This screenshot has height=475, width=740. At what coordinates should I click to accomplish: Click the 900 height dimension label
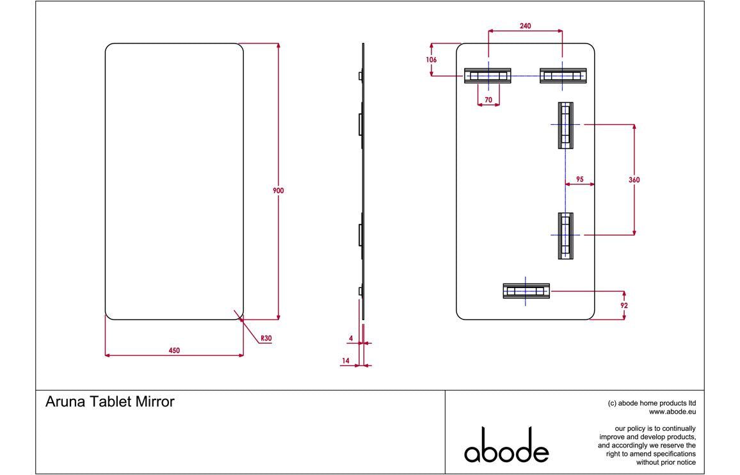[x=278, y=190]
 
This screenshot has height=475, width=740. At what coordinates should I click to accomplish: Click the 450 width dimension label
[x=174, y=350]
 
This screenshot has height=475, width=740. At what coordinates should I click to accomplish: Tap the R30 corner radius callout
[x=266, y=338]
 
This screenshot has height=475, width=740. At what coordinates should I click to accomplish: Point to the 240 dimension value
[x=525, y=26]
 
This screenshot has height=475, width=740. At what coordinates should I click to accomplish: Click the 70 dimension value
[x=488, y=100]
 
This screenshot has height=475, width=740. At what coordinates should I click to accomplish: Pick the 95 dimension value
[x=579, y=180]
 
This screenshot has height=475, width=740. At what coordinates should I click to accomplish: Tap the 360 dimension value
[x=634, y=180]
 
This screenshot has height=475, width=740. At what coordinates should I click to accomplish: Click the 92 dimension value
[x=624, y=306]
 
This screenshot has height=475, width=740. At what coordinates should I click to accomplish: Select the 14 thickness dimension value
[x=346, y=361]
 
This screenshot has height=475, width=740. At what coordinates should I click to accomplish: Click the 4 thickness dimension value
[x=351, y=337]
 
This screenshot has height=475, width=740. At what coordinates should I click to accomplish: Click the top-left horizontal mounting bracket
[x=487, y=76]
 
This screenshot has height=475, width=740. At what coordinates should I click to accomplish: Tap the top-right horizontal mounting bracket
[x=563, y=76]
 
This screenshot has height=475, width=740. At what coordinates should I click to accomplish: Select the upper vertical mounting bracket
[x=565, y=125]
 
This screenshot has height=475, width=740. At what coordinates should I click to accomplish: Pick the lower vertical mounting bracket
[x=565, y=236]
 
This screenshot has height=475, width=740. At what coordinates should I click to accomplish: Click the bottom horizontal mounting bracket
[x=526, y=291]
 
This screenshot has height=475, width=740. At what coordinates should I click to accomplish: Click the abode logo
[x=506, y=446]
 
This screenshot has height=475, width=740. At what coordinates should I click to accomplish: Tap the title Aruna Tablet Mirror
[x=110, y=402]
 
